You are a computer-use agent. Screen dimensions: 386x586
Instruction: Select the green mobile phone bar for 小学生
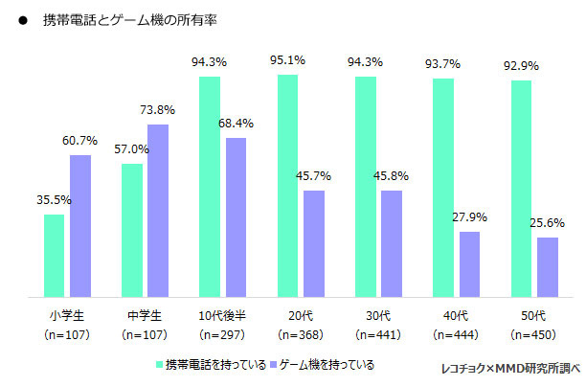[55, 255]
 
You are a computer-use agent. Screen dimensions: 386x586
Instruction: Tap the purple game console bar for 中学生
[158, 211]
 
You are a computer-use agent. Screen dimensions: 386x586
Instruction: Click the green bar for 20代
[288, 186]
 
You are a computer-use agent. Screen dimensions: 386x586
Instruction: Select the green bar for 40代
[443, 188]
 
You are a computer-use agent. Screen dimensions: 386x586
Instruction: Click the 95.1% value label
[288, 60]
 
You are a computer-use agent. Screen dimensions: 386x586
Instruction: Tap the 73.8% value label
[159, 110]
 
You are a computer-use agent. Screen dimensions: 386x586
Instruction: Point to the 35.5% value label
[55, 200]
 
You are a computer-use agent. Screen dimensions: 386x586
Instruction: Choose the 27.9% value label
[470, 217]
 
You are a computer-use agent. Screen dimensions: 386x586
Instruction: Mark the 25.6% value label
[548, 222]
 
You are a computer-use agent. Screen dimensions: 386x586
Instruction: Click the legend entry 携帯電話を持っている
[209, 365]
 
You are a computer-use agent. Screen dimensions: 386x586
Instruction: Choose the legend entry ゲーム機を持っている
[319, 365]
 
